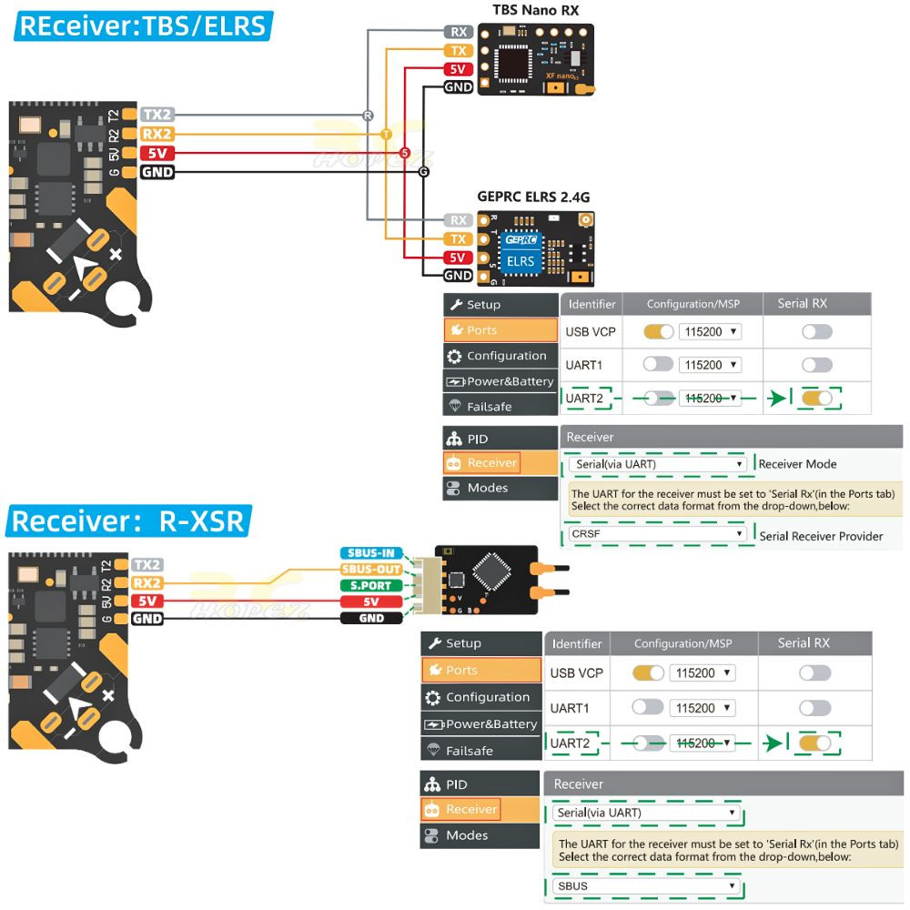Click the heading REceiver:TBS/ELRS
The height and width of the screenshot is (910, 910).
pos(143,25)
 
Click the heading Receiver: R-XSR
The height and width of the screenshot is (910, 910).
pos(128,521)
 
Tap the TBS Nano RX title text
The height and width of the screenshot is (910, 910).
pos(535,10)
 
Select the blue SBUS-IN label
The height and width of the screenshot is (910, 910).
pos(371,552)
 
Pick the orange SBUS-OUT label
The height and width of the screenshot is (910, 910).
pos(371,569)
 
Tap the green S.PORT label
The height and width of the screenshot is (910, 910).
pos(371,585)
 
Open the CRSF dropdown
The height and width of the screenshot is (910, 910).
pos(657,534)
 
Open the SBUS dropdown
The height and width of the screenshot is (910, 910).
pos(644,885)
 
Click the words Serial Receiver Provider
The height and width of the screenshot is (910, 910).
pos(821,536)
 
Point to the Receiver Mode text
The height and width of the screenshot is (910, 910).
pos(797,464)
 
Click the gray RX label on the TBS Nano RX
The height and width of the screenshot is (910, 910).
pos(459,32)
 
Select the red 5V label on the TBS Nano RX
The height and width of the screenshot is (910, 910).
pos(458,69)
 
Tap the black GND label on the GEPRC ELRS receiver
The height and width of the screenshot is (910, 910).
pos(458,276)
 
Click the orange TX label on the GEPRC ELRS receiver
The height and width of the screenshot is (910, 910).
pos(458,238)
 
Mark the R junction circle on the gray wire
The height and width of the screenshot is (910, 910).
pos(368,116)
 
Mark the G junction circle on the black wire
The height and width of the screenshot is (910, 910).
pos(423,172)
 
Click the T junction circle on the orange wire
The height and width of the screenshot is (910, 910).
pos(386,134)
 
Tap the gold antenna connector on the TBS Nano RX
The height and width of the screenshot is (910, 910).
pos(587,88)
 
